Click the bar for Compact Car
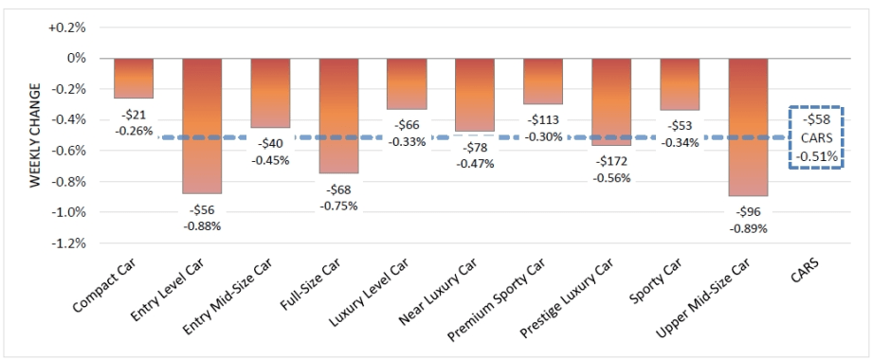pyautogui.click(x=134, y=78)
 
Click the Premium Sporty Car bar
pyautogui.click(x=543, y=81)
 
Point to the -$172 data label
pyautogui.click(x=611, y=162)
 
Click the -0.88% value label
pyautogui.click(x=202, y=225)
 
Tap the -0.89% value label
pyautogui.click(x=748, y=228)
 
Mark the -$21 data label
pyautogui.click(x=134, y=115)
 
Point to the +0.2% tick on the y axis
pyautogui.click(x=67, y=27)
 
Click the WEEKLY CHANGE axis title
pyautogui.click(x=35, y=135)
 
